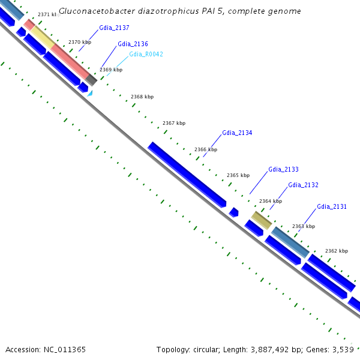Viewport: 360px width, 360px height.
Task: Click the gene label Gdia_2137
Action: (114, 28)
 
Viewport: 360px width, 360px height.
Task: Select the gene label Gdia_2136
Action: (133, 44)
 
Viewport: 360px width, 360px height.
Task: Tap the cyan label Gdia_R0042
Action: (146, 54)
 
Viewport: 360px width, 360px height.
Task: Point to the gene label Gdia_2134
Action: (237, 133)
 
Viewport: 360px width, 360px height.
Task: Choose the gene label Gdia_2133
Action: (283, 169)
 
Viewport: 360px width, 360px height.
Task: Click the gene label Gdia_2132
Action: (303, 185)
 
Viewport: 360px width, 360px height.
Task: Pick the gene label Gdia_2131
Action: (332, 206)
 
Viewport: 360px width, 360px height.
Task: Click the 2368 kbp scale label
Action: (142, 97)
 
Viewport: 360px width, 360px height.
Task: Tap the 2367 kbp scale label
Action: (174, 123)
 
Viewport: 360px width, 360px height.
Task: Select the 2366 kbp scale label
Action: (206, 149)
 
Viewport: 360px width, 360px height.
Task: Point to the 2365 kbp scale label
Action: (238, 175)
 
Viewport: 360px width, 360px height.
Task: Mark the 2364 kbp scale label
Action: (270, 201)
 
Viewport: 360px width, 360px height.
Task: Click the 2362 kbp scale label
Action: (336, 251)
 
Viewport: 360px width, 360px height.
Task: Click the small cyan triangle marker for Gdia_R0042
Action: (90, 93)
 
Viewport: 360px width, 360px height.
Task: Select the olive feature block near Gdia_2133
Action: (261, 220)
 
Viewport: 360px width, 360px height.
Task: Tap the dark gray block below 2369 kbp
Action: (91, 79)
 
